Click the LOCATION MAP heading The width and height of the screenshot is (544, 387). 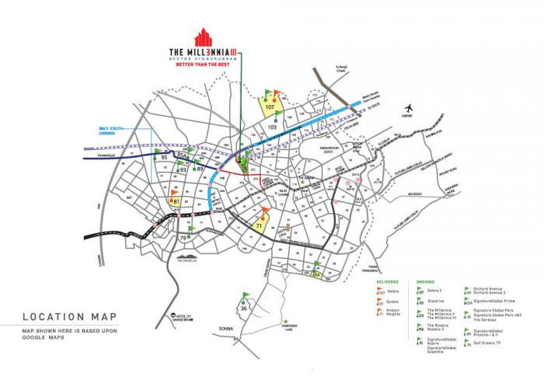pyautogui.click(x=65, y=317)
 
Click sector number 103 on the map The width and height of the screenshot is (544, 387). pyautogui.click(x=272, y=125)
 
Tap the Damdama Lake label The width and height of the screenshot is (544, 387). pyautogui.click(x=289, y=329)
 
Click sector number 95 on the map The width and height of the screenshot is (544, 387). pyautogui.click(x=163, y=158)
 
